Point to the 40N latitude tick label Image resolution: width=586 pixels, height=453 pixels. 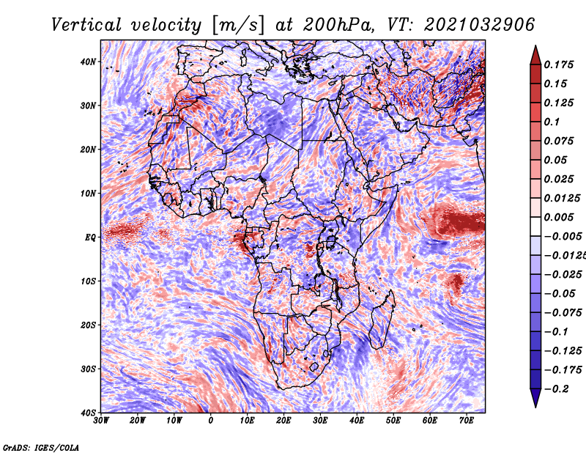pyautogui.click(x=88, y=62)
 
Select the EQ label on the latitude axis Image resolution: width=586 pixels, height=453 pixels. pyautogui.click(x=90, y=237)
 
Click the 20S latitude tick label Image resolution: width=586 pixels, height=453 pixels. pyautogui.click(x=88, y=325)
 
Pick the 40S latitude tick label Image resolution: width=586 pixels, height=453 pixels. pyautogui.click(x=88, y=413)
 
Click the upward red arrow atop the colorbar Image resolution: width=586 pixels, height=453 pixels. pyautogui.click(x=535, y=54)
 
